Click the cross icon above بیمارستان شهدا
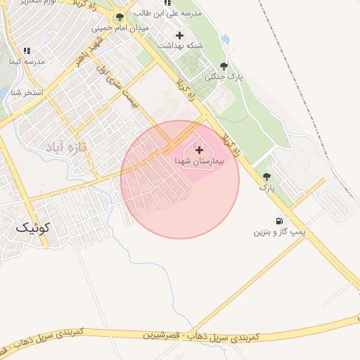click(199, 150)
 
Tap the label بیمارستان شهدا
click(199, 161)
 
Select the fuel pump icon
click(281, 220)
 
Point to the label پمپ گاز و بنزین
click(281, 231)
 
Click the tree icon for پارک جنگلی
click(224, 65)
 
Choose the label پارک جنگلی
click(224, 77)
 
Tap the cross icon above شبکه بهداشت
click(179, 35)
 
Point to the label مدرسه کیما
click(27, 62)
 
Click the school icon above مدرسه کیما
click(27, 51)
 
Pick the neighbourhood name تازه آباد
click(65, 147)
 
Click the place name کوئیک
click(33, 227)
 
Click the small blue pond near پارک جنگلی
click(226, 39)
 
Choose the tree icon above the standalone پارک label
click(266, 176)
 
